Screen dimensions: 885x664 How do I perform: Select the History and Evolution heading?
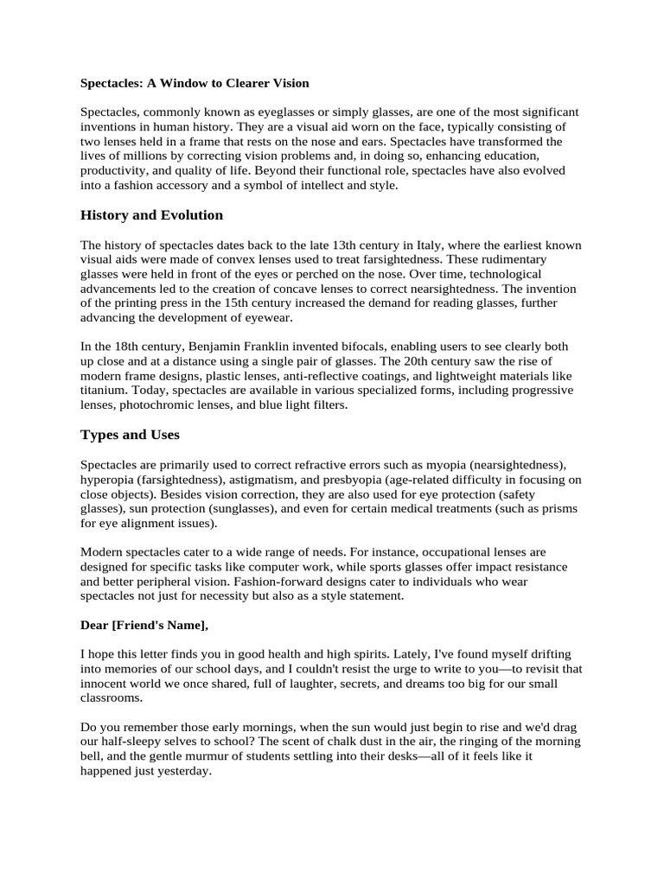[x=151, y=214]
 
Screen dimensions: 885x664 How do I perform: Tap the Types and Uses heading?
[x=130, y=434]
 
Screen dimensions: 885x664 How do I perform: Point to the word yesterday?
[x=180, y=772]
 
